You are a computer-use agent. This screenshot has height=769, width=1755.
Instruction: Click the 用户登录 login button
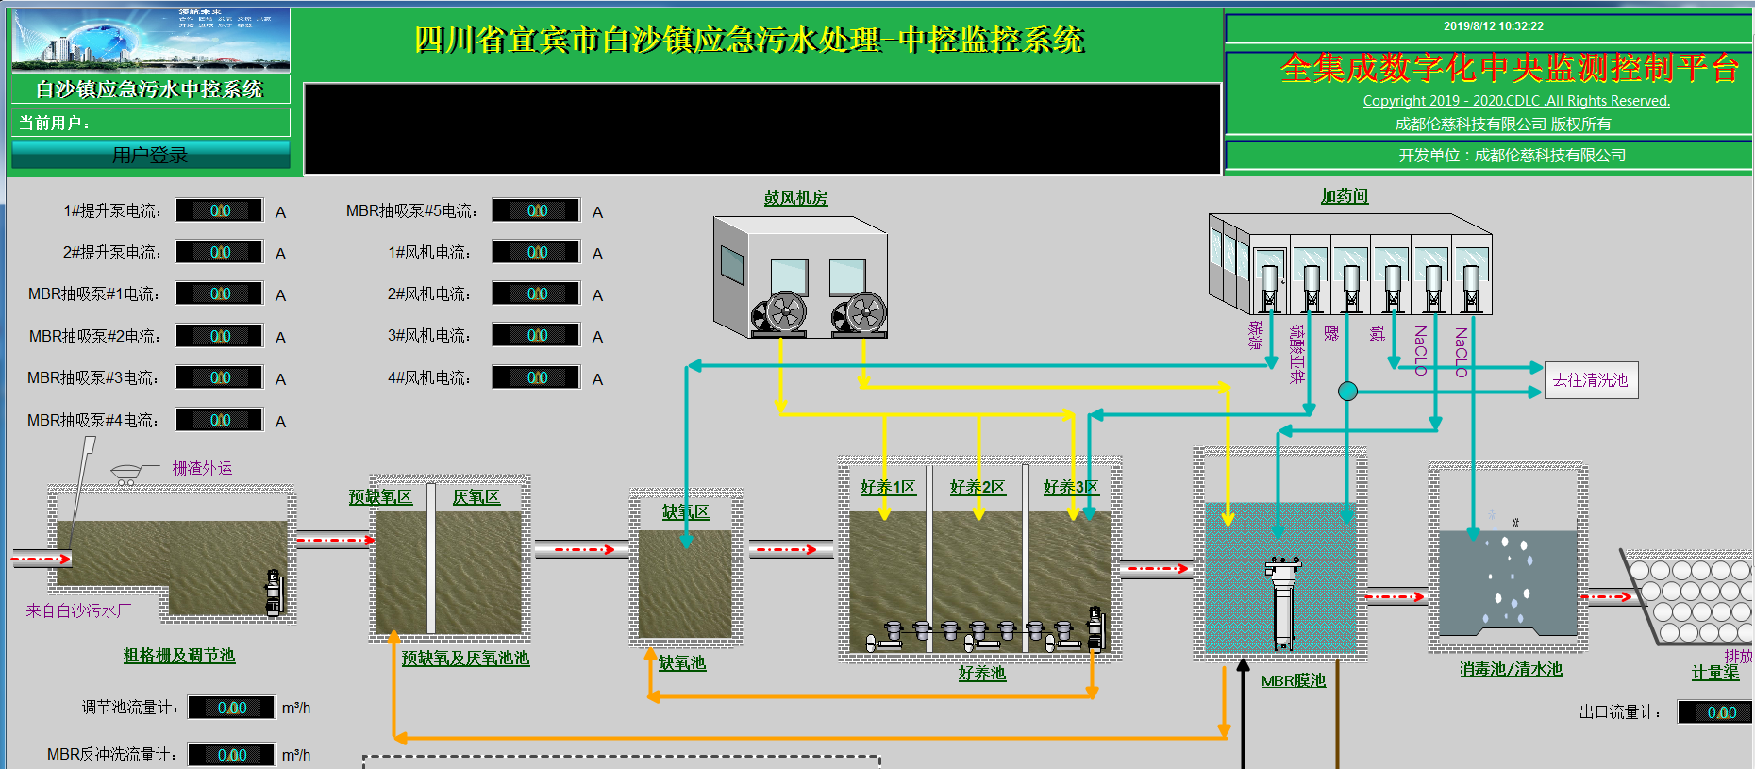tap(151, 155)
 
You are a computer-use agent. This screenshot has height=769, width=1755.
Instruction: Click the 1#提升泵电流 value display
tap(220, 210)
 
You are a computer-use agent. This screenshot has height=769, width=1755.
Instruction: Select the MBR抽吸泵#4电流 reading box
tap(220, 420)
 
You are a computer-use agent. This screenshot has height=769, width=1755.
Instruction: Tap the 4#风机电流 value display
tap(536, 377)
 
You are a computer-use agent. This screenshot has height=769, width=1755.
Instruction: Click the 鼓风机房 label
tap(795, 198)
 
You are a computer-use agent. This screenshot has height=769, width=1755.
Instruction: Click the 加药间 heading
tap(1344, 196)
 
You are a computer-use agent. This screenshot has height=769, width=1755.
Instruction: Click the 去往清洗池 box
tap(1591, 380)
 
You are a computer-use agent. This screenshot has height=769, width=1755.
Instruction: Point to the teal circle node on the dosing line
tap(1347, 391)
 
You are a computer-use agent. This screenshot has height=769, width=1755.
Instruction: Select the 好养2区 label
tap(978, 487)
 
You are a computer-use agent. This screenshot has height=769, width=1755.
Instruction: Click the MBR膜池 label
tap(1294, 680)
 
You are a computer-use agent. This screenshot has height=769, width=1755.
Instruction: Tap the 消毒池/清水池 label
tap(1511, 669)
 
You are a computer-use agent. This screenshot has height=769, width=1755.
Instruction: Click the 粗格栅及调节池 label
tap(179, 655)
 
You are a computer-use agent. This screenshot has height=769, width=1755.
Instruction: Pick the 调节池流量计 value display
tap(231, 708)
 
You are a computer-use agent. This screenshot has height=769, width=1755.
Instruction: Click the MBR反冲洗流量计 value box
tap(231, 755)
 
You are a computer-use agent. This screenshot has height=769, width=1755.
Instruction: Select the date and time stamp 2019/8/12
tap(1493, 26)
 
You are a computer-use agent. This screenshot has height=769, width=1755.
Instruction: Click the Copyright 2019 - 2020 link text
tap(1516, 101)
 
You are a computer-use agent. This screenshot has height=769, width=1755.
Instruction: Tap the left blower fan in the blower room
tap(783, 312)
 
